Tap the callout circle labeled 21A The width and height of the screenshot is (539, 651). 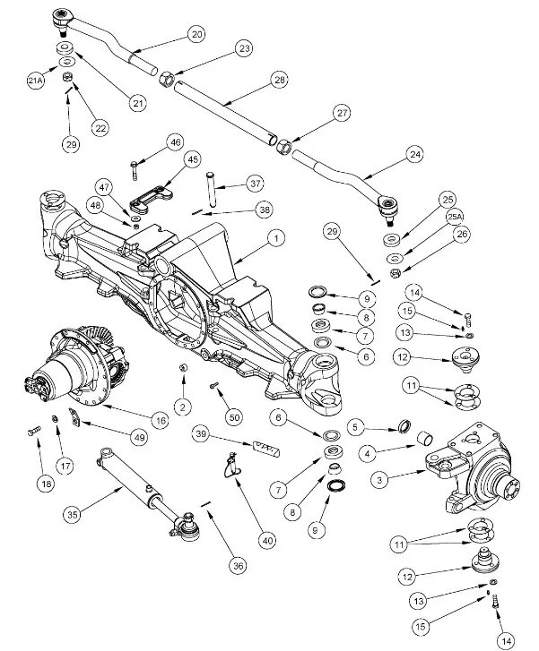pyautogui.click(x=35, y=81)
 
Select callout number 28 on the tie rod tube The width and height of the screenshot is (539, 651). pyautogui.click(x=280, y=81)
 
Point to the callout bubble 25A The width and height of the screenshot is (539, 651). pyautogui.click(x=455, y=218)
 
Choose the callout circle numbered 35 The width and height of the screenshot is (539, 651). pyautogui.click(x=74, y=514)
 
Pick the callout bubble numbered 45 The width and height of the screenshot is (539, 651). pyautogui.click(x=193, y=158)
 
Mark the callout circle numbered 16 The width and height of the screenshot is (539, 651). pyautogui.click(x=161, y=419)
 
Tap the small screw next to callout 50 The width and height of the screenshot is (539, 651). pyautogui.click(x=215, y=386)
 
